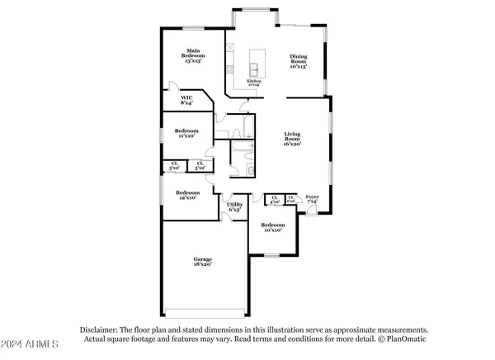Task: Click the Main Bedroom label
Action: [x=194, y=55]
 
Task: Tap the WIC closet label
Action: [x=187, y=100]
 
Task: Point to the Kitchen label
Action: [x=254, y=82]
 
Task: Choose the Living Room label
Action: [x=293, y=138]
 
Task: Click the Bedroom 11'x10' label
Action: [x=186, y=133]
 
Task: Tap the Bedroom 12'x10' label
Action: [x=186, y=196]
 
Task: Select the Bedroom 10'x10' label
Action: [x=273, y=228]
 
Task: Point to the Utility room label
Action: [x=234, y=207]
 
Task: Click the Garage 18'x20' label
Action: [x=202, y=262]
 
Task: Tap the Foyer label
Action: [x=313, y=199]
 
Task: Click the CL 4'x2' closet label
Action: [x=276, y=199]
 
